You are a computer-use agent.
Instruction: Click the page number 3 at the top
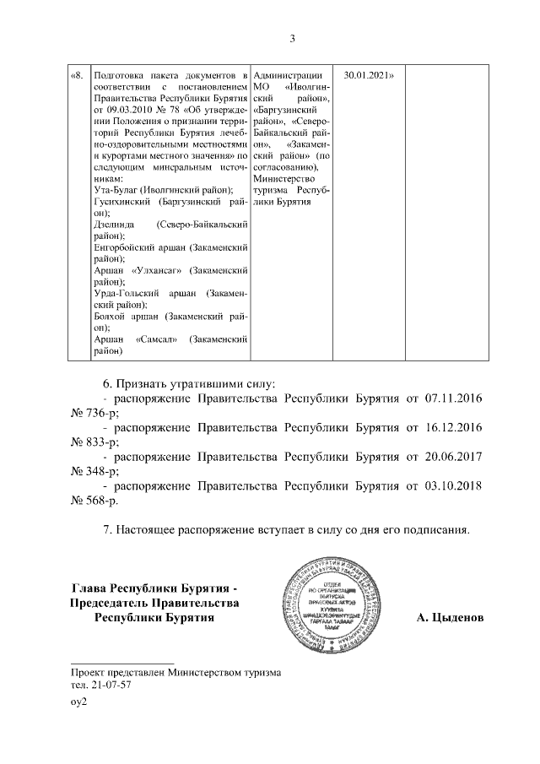pos(291,38)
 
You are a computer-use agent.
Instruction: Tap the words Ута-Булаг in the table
pos(116,192)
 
